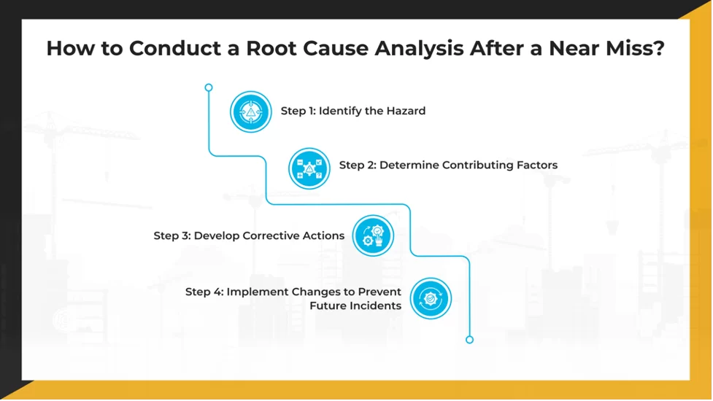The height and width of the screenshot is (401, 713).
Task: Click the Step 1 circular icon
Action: pos(251,112)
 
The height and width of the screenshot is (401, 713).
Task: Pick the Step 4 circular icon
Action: pos(431,298)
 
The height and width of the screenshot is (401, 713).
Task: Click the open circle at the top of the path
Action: pos(209,87)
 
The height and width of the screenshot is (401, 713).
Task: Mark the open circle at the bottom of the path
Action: pos(469,340)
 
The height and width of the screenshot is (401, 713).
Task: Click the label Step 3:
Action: pos(171,236)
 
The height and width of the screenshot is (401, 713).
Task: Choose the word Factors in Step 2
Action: pos(535,166)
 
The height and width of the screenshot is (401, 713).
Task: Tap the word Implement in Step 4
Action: pos(257,292)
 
